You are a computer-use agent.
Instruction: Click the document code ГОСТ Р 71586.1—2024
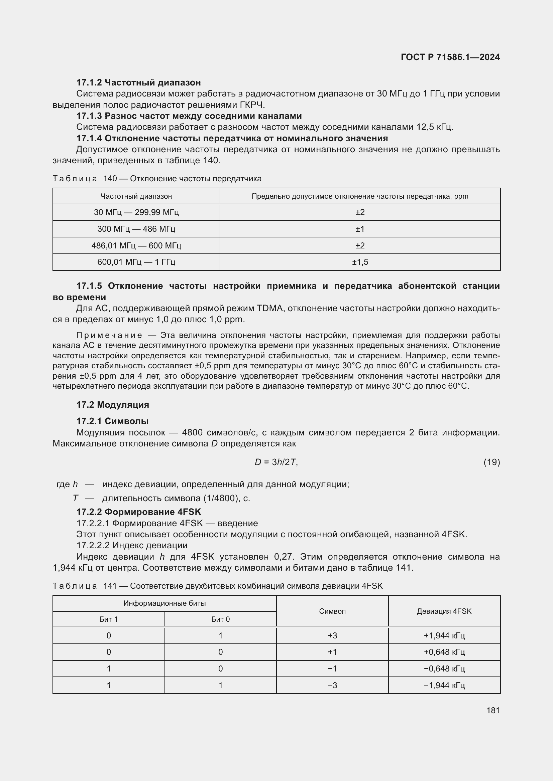click(450, 57)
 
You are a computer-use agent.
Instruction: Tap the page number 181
click(493, 710)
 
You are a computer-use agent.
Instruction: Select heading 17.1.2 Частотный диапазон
click(138, 82)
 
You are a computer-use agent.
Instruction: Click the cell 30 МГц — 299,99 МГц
click(136, 212)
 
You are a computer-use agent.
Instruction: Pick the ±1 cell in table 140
click(360, 229)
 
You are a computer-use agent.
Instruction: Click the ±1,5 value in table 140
click(360, 262)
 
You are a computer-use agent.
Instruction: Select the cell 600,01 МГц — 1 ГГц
click(136, 262)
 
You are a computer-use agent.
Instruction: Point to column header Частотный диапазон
click(136, 196)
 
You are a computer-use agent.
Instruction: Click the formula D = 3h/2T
click(276, 462)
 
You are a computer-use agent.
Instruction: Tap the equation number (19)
click(492, 462)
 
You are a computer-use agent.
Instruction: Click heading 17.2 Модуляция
click(113, 405)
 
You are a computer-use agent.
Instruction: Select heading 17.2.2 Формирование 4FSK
click(139, 512)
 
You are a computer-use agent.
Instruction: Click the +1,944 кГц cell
click(444, 635)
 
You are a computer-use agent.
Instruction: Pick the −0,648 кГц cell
click(444, 668)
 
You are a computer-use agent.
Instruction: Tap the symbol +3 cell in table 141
click(332, 635)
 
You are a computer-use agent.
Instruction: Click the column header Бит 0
click(220, 619)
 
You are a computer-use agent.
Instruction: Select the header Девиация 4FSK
click(444, 611)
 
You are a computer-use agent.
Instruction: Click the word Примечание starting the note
click(109, 335)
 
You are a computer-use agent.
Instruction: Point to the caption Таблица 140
click(85, 179)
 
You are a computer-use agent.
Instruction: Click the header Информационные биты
click(164, 603)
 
